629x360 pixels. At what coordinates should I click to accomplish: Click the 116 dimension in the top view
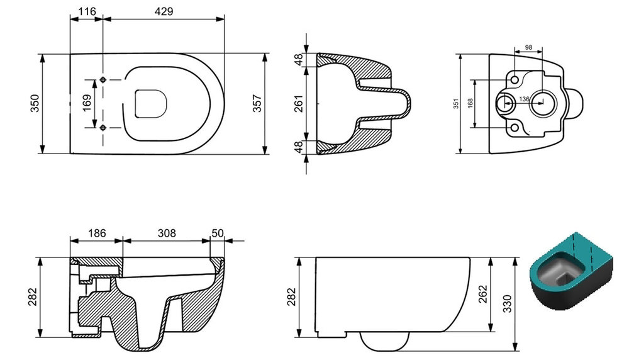coord(87,11)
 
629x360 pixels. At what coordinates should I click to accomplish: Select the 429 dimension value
coord(164,11)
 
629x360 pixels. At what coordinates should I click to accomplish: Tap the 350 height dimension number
coord(35,103)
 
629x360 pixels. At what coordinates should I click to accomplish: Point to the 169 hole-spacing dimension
coord(87,103)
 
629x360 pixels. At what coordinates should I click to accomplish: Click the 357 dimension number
coord(257,103)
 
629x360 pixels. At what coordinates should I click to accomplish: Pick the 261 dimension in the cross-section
coord(299,104)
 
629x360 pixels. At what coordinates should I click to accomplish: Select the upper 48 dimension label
coord(299,60)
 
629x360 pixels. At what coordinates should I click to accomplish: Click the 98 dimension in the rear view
coord(528,47)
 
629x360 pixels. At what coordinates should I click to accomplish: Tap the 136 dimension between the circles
coord(524,99)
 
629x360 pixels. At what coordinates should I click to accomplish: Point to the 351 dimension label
coord(455,104)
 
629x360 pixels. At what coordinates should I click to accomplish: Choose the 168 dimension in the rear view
coord(470,103)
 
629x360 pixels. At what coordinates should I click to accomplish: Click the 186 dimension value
coord(97,233)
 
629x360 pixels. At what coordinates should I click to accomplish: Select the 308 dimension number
coord(167,233)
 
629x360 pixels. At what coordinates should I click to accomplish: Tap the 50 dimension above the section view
coord(218,233)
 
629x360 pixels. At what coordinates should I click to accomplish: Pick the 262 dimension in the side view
coord(482,294)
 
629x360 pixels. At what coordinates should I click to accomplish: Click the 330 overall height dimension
coord(508,304)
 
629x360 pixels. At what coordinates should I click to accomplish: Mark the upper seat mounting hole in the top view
coord(103,80)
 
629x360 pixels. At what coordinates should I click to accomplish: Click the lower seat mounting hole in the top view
coord(103,128)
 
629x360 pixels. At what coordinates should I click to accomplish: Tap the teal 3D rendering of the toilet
coord(571,272)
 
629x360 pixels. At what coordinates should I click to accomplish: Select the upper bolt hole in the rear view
coord(515,79)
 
